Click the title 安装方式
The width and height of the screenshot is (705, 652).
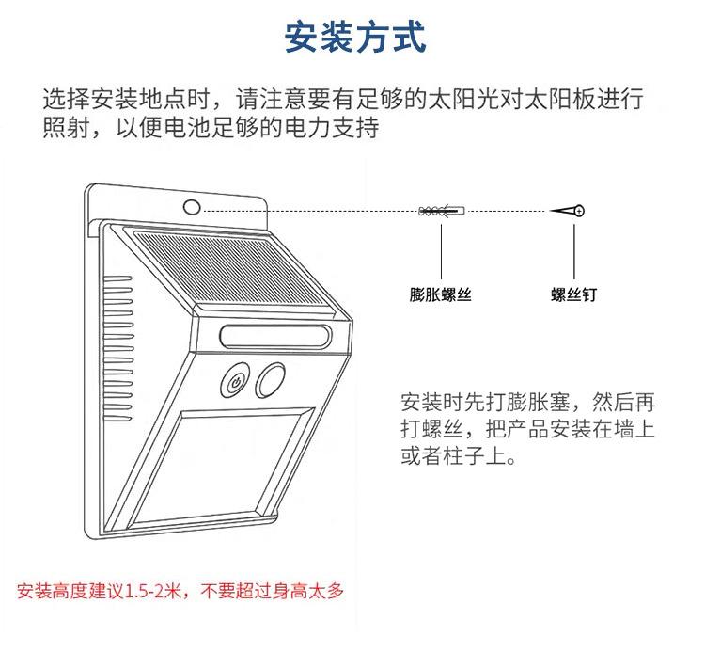(354, 39)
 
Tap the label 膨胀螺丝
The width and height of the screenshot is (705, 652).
(440, 294)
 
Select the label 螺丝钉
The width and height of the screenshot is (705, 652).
(573, 294)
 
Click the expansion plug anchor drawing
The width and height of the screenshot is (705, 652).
(441, 211)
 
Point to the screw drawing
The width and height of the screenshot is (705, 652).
(570, 211)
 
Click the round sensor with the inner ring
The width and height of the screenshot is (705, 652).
(235, 381)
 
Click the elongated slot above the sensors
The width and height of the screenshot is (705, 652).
(276, 336)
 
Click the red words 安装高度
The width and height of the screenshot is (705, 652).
(48, 591)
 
